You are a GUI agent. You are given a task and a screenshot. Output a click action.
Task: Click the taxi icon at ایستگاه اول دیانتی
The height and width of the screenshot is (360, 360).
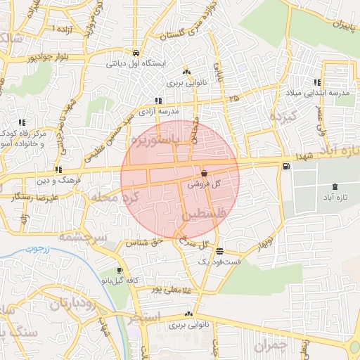click(135, 53)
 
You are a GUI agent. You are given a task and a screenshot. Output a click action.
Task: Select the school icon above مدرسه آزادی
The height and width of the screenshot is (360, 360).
click(158, 101)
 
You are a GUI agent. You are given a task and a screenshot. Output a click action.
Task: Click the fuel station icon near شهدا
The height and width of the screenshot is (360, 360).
click(285, 167)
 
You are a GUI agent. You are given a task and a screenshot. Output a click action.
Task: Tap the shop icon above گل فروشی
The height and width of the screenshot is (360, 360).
click(204, 173)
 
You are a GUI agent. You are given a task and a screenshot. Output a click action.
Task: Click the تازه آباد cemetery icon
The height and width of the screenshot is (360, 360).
click(334, 187)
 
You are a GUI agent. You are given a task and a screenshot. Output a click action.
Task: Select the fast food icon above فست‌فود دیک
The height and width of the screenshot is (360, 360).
click(220, 251)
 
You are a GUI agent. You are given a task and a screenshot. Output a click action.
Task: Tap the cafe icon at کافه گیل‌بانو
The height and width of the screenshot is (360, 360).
click(119, 271)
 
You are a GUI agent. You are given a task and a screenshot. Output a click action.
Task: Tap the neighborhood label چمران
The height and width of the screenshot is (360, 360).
click(271, 346)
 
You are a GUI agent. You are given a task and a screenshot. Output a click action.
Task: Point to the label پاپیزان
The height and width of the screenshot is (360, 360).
click(335, 26)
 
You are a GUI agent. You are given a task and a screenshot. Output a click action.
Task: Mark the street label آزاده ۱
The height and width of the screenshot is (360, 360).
click(64, 27)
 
